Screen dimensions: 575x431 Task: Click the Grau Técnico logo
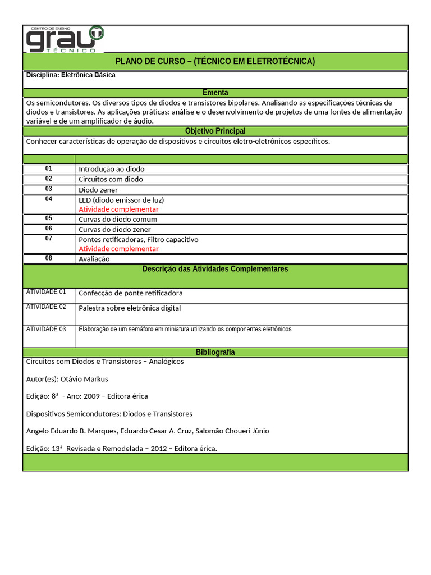(65, 39)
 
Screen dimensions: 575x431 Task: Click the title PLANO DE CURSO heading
(215, 61)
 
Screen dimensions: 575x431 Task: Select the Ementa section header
(215, 93)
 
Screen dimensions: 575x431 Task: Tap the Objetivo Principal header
(215, 131)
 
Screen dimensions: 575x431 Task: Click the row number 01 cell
(49, 168)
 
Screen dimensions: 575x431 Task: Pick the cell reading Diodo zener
(98, 190)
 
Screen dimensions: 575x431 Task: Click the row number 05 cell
(49, 218)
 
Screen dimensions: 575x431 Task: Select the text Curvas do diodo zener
(114, 229)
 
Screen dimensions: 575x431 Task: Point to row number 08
(49, 258)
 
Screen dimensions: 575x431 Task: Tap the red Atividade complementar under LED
(118, 209)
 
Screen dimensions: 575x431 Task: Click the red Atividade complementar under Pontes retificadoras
(118, 248)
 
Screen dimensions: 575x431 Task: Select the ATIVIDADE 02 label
(46, 307)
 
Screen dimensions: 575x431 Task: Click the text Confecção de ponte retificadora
(130, 293)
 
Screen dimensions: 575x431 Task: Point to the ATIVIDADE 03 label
(46, 329)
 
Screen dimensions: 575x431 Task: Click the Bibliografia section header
(215, 352)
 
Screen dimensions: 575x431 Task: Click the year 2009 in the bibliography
(91, 396)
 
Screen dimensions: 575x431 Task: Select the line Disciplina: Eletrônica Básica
(71, 75)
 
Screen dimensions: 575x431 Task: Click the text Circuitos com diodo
(111, 179)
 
